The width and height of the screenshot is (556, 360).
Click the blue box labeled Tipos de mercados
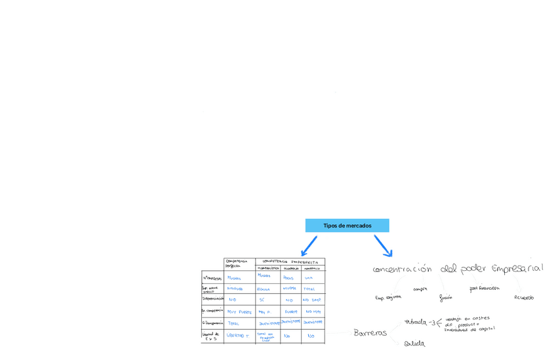(347, 226)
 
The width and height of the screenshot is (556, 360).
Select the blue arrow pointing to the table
(309, 246)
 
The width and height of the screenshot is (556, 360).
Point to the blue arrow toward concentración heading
(384, 246)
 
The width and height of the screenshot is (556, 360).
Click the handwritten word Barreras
(370, 332)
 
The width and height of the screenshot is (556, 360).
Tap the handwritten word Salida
(414, 343)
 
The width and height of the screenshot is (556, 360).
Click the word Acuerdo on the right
(524, 298)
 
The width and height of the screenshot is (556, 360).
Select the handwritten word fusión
(446, 297)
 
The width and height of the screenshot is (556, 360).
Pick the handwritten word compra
(420, 289)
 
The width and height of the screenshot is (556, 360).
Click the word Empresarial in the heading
(517, 268)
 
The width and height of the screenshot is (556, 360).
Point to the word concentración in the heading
(402, 269)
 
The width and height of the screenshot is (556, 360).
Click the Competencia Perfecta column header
(237, 263)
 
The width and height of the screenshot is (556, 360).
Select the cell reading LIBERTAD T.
(238, 335)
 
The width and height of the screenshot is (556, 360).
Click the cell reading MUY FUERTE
(239, 312)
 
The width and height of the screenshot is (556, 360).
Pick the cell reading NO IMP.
(311, 300)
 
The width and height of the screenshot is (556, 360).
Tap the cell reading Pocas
(288, 277)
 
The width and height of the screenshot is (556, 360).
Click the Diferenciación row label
(212, 299)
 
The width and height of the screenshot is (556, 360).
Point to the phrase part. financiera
(485, 288)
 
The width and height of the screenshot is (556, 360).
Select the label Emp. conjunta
(388, 298)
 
